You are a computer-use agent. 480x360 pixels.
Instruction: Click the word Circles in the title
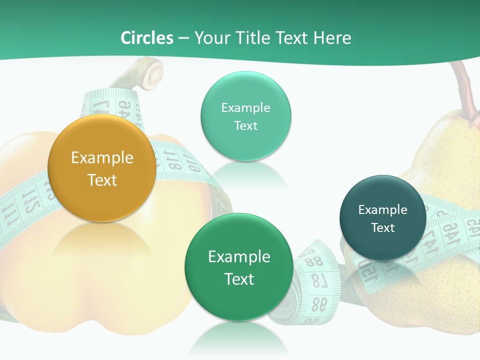pyautogui.click(x=147, y=38)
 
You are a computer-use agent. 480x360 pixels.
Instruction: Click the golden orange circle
pyautogui.click(x=101, y=168)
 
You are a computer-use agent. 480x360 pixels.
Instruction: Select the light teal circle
pyautogui.click(x=245, y=116)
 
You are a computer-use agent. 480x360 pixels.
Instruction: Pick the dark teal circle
pyautogui.click(x=382, y=217)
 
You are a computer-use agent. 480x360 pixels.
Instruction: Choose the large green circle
pyautogui.click(x=238, y=266)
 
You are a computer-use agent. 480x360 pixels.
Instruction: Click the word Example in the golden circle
pyautogui.click(x=102, y=158)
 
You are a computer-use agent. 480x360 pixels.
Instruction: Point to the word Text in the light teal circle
pyautogui.click(x=245, y=125)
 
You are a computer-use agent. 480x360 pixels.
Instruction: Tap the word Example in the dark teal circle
pyautogui.click(x=382, y=210)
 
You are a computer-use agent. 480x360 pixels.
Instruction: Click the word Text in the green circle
pyautogui.click(x=239, y=279)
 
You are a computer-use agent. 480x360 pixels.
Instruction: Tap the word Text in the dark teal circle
pyautogui.click(x=382, y=228)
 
